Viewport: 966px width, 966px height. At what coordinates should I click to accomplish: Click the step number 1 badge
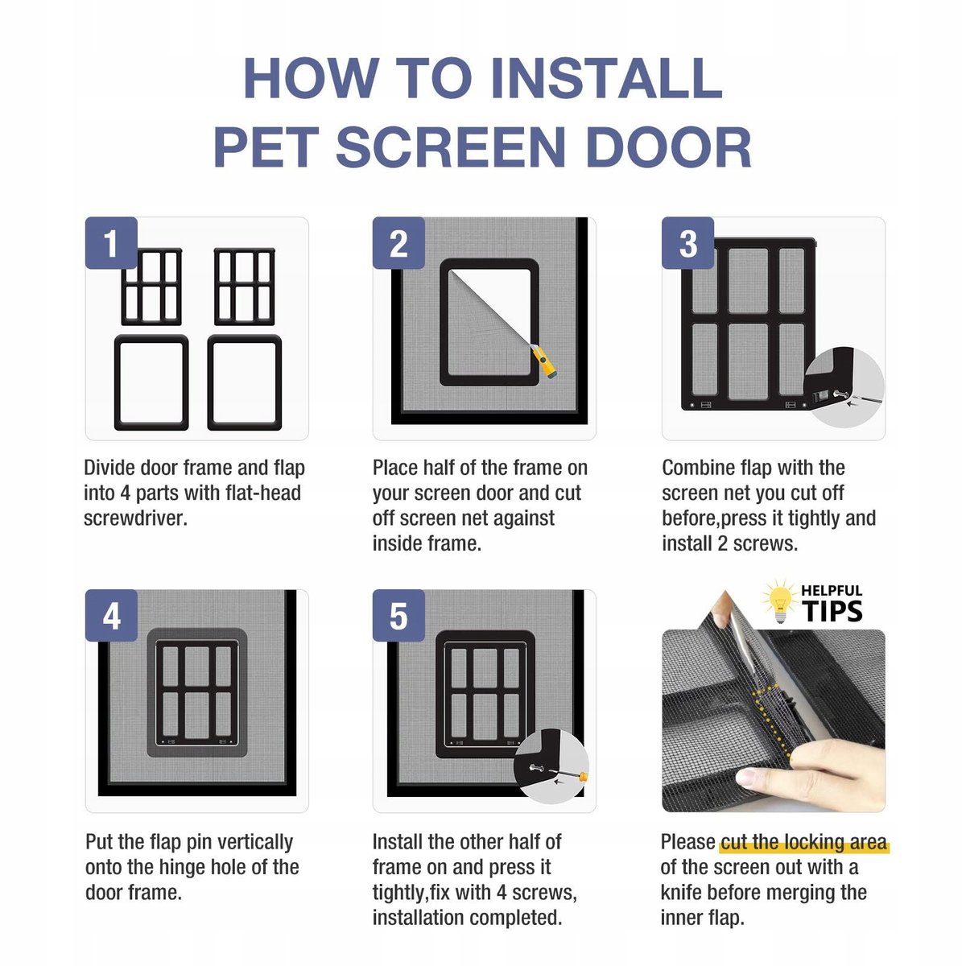(111, 243)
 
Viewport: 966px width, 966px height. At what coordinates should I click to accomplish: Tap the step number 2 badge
(398, 243)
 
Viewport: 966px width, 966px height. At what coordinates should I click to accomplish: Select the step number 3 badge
(687, 243)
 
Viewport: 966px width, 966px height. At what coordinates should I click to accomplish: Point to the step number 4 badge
(111, 616)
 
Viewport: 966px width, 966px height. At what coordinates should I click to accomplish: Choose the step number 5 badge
(398, 616)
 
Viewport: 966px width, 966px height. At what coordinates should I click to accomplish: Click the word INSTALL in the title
(607, 78)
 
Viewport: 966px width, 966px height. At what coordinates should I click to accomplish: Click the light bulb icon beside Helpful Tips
(779, 601)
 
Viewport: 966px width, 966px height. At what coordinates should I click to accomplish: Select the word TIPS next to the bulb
(832, 610)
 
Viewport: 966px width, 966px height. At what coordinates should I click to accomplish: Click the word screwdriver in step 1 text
(135, 518)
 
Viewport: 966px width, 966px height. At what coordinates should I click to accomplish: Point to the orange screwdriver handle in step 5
(584, 778)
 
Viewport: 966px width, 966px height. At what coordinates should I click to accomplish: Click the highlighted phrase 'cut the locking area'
(804, 843)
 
